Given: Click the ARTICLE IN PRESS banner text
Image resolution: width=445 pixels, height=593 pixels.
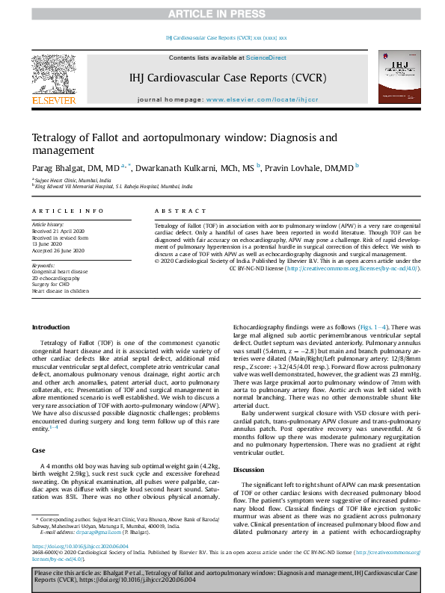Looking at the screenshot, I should point(222,14).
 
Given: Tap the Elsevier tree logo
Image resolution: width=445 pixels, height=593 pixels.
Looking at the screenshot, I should point(53,78).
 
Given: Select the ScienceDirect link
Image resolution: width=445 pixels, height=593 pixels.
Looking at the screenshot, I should point(267,58).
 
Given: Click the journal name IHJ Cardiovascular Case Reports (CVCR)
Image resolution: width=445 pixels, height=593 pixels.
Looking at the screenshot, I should point(221,77).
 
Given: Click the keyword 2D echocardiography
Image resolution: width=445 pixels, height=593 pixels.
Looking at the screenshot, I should point(57,278).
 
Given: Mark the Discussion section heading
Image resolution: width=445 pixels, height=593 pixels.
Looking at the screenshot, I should point(251,469).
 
